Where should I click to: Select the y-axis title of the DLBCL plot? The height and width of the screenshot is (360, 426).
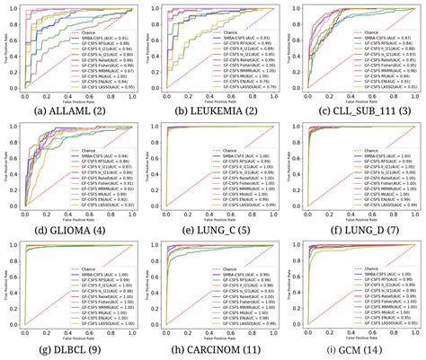click(x=5, y=287)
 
